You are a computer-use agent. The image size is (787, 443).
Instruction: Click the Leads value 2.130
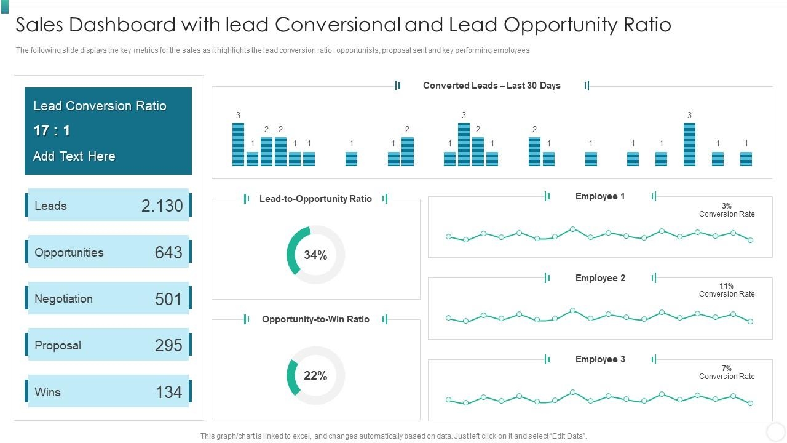click(x=162, y=206)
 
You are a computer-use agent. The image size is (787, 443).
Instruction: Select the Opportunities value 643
click(x=168, y=252)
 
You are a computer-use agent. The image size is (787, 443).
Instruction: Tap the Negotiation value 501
click(x=168, y=299)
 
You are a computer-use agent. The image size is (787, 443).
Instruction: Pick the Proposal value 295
click(x=168, y=345)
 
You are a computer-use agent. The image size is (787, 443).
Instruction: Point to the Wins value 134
click(x=168, y=392)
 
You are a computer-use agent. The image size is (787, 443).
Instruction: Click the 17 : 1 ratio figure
click(x=52, y=130)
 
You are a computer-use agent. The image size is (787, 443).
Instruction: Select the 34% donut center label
click(x=315, y=255)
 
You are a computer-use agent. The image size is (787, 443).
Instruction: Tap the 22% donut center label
click(x=315, y=375)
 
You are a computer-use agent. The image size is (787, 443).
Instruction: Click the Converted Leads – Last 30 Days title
click(x=491, y=86)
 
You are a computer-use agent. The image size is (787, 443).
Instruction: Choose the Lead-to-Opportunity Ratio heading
click(x=315, y=199)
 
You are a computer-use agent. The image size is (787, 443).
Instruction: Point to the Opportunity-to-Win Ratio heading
click(x=315, y=319)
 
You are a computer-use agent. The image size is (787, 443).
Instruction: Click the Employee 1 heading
click(x=600, y=196)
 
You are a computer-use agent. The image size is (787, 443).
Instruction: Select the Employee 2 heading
click(x=600, y=278)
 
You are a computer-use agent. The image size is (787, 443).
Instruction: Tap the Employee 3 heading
click(x=600, y=359)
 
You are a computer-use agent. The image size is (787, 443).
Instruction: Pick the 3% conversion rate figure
click(x=726, y=206)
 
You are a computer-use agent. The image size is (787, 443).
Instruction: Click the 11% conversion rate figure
click(x=726, y=286)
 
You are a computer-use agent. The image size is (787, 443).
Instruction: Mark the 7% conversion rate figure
click(x=726, y=369)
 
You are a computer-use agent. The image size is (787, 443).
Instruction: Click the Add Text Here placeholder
click(x=74, y=156)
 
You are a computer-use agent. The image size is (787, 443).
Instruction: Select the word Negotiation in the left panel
click(x=63, y=299)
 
